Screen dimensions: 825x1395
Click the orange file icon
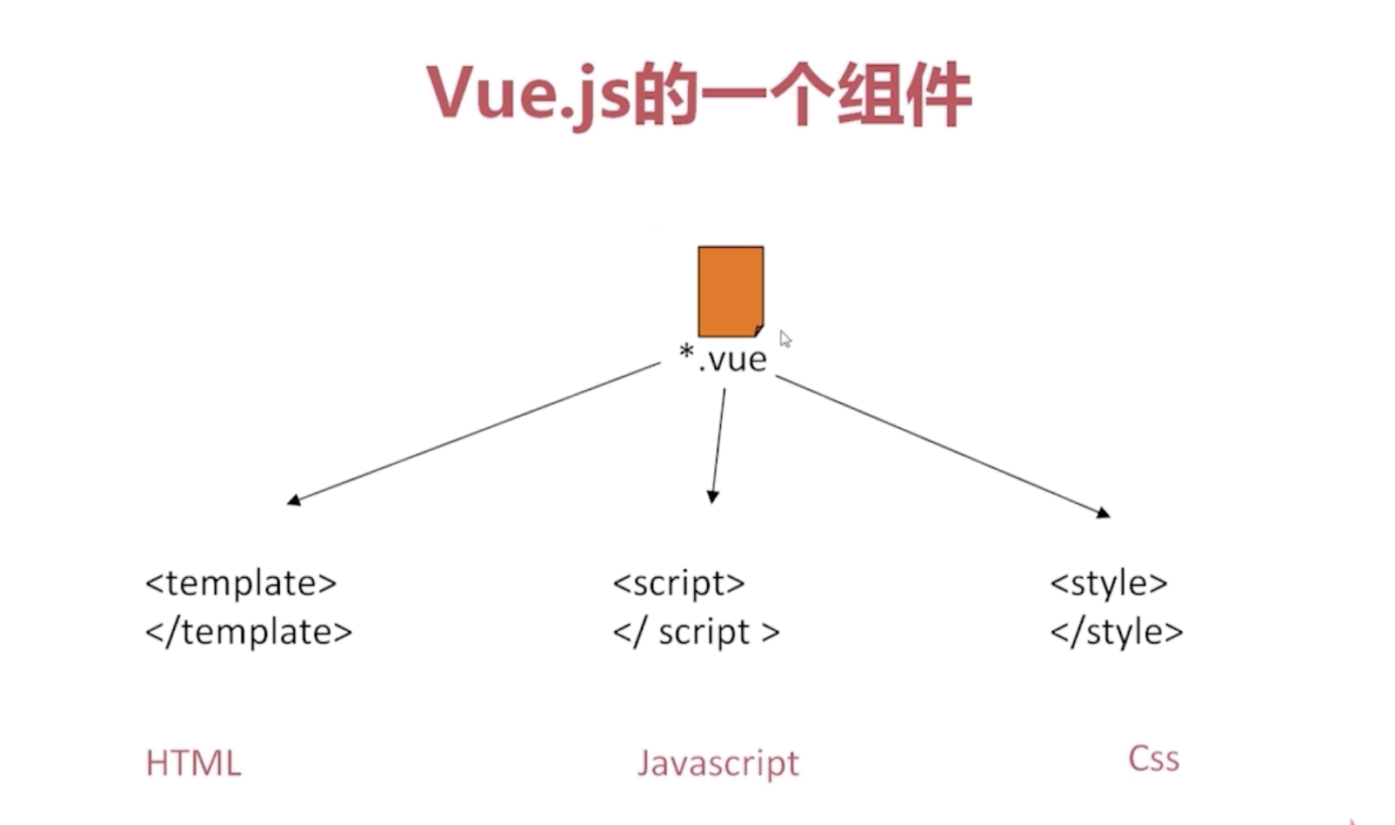point(731,291)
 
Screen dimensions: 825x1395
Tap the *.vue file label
point(724,359)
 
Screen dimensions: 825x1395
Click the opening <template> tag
point(241,583)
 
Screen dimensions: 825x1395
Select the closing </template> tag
point(249,632)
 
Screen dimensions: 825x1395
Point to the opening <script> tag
point(678,583)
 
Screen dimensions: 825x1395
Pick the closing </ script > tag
point(696,633)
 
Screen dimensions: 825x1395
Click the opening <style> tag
point(1109,583)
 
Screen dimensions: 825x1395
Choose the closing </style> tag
point(1117,633)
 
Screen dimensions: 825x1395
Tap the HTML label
point(193,763)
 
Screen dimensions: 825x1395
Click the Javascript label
point(718,763)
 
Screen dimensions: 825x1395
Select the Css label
point(1153,759)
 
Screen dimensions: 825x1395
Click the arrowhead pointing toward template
point(294,500)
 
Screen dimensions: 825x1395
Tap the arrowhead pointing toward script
point(712,497)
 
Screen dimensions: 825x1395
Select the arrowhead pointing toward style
point(1104,513)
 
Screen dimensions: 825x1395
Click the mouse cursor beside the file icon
point(784,338)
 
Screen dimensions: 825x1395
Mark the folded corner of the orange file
point(758,331)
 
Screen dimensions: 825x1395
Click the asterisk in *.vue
point(686,352)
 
